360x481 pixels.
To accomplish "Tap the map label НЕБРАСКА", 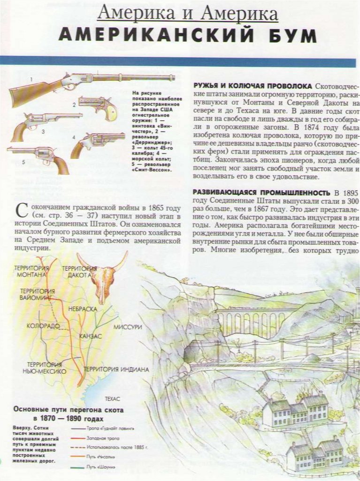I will [x=82, y=309].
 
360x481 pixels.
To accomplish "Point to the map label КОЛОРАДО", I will [x=43, y=326].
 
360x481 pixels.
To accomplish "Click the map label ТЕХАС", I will [x=112, y=398].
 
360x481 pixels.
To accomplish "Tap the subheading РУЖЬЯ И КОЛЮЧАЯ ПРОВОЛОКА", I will [x=253, y=86].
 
